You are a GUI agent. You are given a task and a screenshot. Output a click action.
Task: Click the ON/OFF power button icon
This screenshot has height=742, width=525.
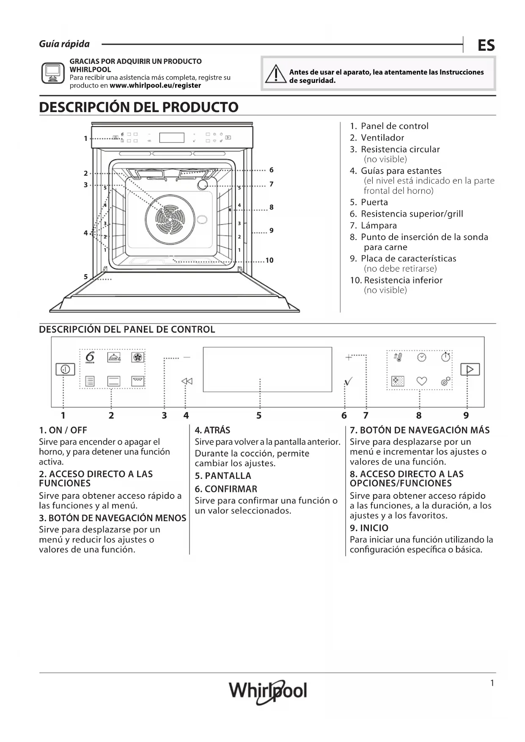66,369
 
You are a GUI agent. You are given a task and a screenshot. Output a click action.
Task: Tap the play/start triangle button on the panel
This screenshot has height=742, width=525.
470,369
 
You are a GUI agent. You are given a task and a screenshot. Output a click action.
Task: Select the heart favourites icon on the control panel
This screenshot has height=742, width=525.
422,381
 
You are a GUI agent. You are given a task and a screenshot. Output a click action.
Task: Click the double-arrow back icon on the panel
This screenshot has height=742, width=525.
187,381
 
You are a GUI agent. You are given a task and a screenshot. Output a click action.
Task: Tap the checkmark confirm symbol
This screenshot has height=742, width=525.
348,382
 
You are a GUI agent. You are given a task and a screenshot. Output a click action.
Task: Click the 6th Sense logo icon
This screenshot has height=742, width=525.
90,357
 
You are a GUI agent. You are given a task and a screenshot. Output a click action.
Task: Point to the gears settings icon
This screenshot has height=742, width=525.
446,381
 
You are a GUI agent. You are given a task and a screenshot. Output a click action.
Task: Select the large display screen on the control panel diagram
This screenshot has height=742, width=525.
267,369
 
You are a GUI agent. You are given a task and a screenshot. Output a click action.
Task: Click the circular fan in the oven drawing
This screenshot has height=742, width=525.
170,219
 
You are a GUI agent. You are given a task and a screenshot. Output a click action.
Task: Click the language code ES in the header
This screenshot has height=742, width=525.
486,45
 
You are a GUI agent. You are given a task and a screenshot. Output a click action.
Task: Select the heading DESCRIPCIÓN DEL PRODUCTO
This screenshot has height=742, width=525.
139,107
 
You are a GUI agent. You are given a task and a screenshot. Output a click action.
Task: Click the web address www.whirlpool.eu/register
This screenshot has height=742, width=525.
155,85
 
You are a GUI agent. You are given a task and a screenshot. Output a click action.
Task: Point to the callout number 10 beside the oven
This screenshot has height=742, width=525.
269,260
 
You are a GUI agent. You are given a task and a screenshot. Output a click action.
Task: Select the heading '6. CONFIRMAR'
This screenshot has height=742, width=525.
226,489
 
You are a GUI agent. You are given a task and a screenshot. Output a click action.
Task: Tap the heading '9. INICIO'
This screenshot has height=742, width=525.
369,528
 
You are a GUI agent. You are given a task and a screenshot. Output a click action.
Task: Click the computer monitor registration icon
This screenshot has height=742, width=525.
53,73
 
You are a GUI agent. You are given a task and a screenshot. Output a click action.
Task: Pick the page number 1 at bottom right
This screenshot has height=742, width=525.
492,683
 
